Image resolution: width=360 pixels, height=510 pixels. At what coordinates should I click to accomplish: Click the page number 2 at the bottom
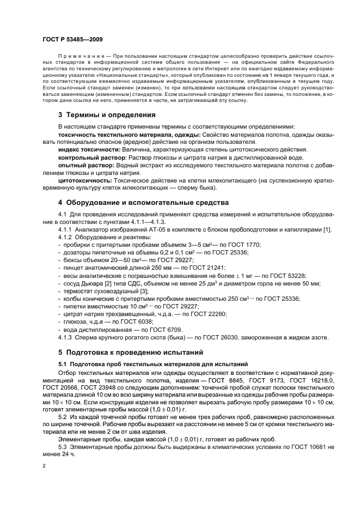pos(45,466)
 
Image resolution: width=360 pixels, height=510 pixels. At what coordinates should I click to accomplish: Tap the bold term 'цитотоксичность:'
pos(83,180)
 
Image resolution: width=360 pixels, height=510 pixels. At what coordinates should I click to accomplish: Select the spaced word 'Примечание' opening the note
pos(80,56)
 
